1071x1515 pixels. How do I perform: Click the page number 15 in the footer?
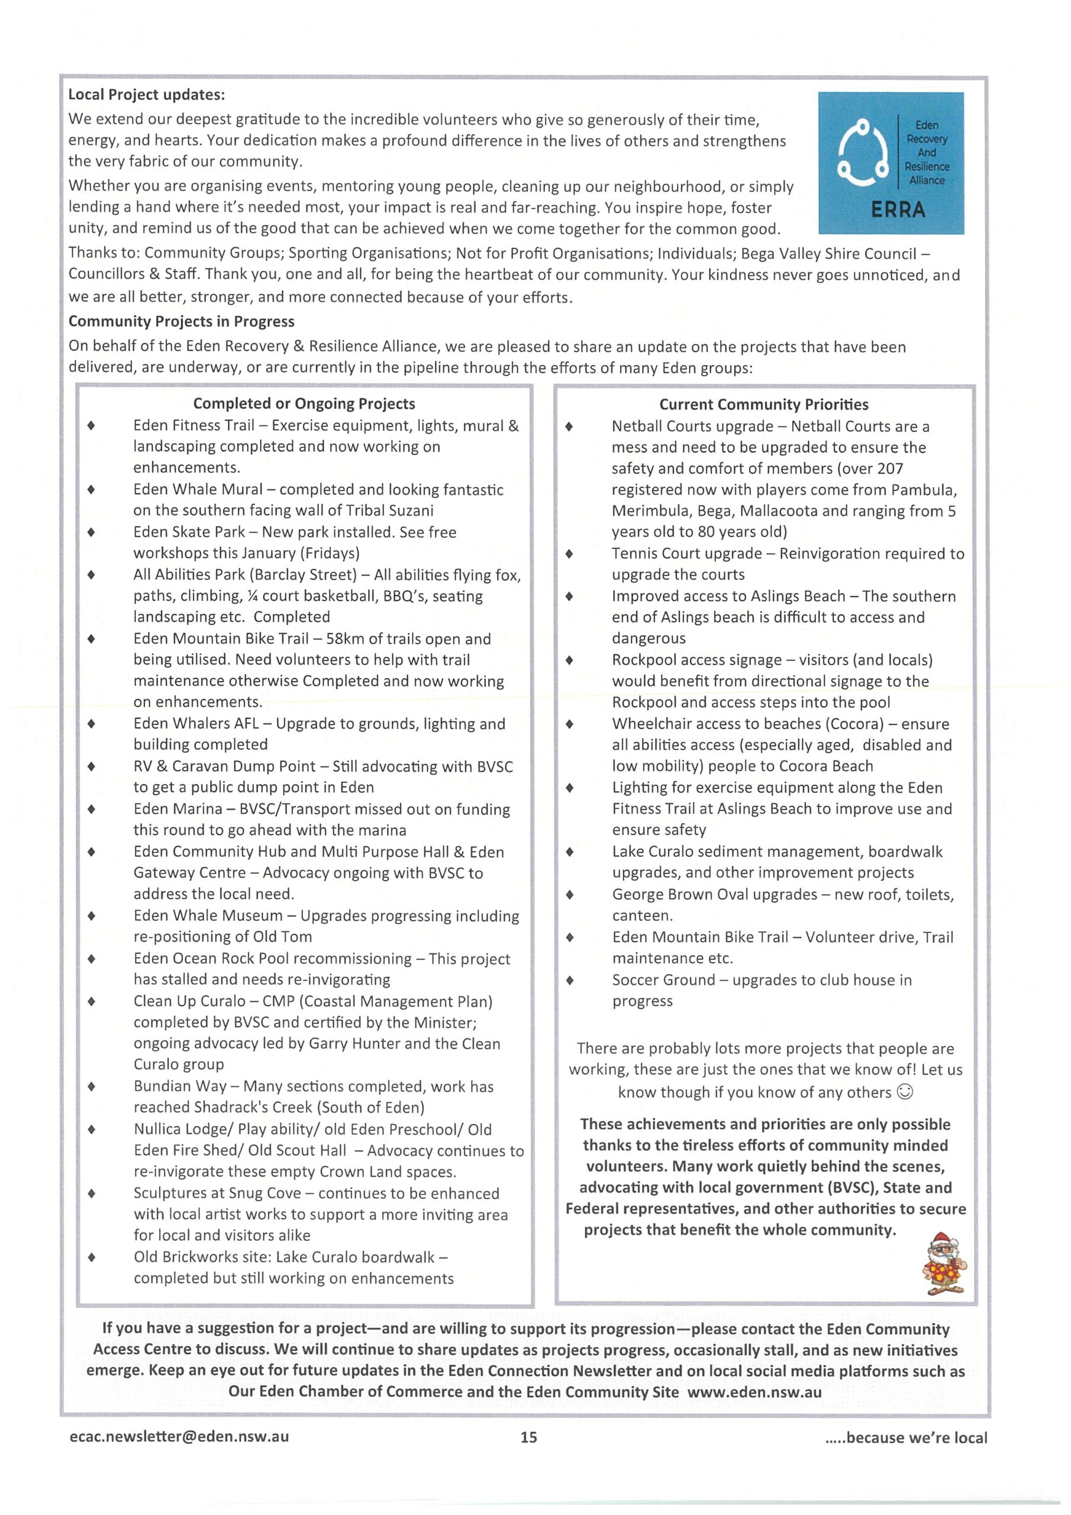coord(528,1436)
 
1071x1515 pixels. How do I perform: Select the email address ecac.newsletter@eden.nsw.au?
coord(179,1436)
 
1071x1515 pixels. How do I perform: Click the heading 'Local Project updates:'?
coord(147,94)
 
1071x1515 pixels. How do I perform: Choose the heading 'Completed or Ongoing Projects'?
coord(304,403)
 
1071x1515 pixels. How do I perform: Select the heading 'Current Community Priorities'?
coord(763,404)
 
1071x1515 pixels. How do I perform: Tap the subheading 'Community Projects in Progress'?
coord(182,321)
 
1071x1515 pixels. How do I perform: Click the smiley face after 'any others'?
coord(906,1092)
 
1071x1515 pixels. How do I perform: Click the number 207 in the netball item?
coord(889,469)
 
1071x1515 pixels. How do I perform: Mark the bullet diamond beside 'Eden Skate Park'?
coord(91,532)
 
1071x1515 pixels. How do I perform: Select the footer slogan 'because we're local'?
coord(916,1437)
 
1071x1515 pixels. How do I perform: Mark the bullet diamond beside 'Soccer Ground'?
coord(569,980)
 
